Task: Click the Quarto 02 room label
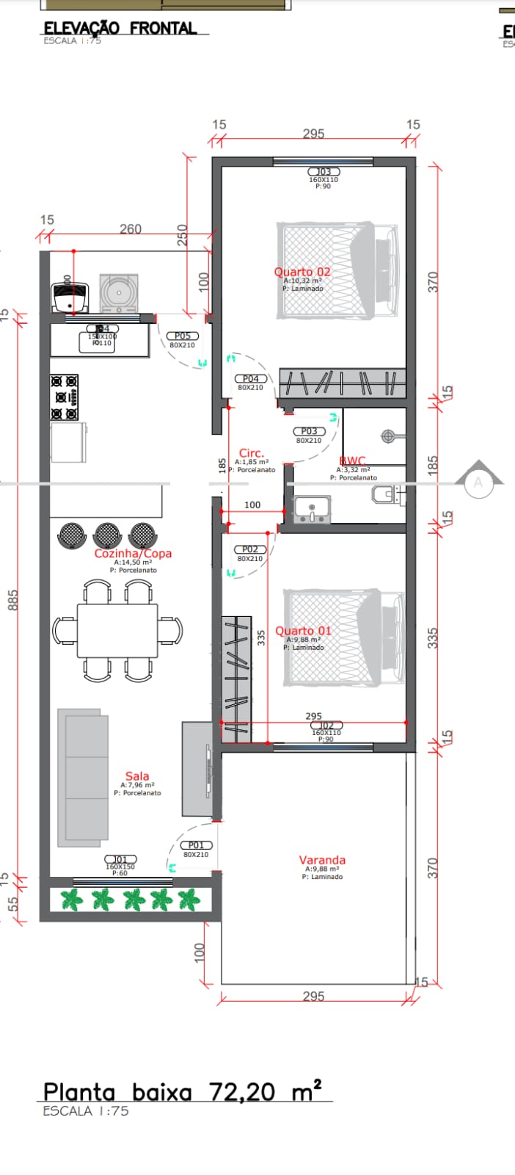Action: tap(302, 272)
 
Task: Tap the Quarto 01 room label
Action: tap(303, 631)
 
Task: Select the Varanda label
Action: tap(322, 860)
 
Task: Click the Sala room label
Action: tap(137, 776)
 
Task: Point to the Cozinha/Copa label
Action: tap(133, 554)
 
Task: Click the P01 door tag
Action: tap(196, 845)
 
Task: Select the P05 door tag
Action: tap(182, 336)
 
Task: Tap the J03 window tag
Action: tap(324, 172)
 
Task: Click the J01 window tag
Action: tap(120, 859)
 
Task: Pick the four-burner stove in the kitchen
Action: tap(65, 388)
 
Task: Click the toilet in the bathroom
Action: tap(385, 496)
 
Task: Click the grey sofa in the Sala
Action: tap(83, 775)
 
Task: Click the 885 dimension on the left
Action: tap(12, 600)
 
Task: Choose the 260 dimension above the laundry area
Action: tap(131, 229)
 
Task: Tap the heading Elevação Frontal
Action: tap(120, 28)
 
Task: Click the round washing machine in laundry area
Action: tap(118, 292)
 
